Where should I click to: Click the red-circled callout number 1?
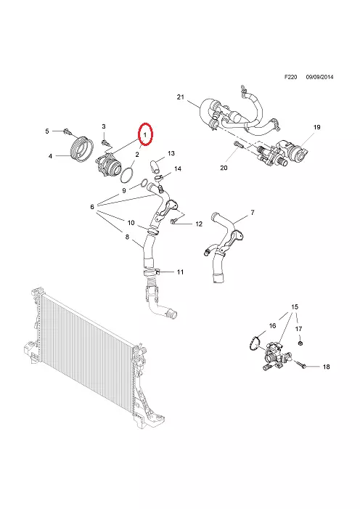coord(145,134)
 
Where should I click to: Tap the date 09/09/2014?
coord(320,77)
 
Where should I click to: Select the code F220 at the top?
coord(291,77)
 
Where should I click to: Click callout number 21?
coord(181,97)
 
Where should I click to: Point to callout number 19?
coord(317,127)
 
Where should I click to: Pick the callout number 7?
coord(253,212)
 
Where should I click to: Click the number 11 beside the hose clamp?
coord(180,272)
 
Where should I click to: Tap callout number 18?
coord(326,367)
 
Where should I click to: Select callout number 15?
coord(295,306)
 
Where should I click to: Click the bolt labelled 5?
coord(67,132)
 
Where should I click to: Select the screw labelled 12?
coord(173,221)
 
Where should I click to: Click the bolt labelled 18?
coord(301,365)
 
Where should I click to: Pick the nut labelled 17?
coord(300,343)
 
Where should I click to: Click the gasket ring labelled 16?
coord(255,343)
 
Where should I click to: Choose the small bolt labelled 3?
coord(105,142)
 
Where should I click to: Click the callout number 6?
coord(92,206)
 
